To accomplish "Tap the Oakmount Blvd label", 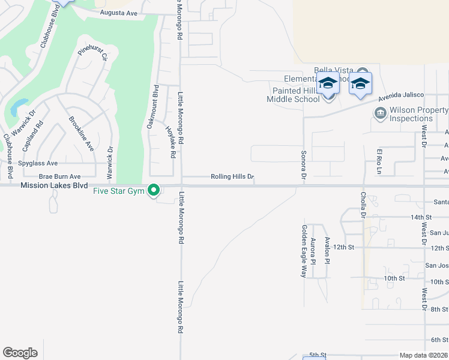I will [152, 107].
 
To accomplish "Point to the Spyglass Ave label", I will [38, 163].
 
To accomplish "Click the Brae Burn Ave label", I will [59, 177].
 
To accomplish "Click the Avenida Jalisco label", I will [401, 95].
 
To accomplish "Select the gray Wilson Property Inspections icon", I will [379, 113].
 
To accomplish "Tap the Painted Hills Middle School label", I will [299, 95].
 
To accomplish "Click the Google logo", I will [20, 353].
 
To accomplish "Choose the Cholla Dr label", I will [364, 204].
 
